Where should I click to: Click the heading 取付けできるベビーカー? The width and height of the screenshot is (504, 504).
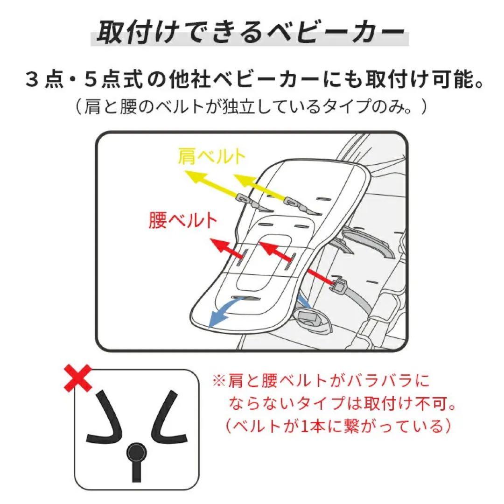tap(251, 33)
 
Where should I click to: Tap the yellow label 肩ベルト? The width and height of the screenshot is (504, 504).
tap(211, 156)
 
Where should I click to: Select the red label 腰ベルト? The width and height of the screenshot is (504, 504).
tap(182, 220)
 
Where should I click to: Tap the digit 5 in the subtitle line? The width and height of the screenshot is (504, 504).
tap(91, 79)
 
